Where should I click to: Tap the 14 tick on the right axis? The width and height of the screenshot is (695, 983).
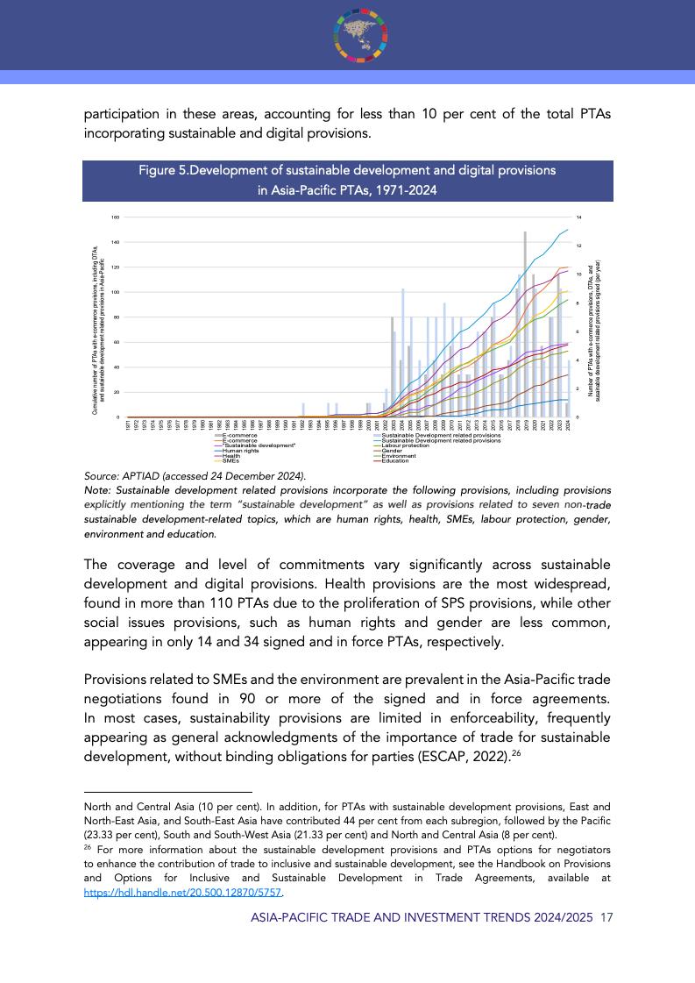tap(578, 217)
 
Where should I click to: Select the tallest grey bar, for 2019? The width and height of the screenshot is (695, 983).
tap(525, 324)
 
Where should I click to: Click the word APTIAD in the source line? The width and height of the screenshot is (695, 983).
tap(139, 475)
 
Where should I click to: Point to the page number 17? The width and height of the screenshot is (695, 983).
tap(606, 917)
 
